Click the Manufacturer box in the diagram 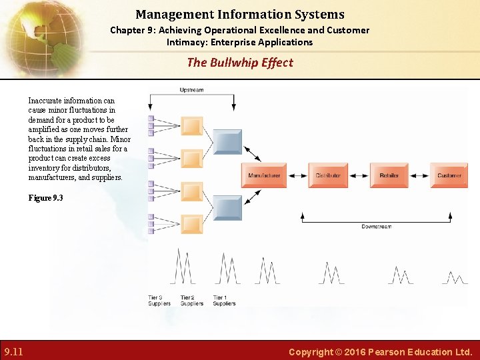coord(264,175)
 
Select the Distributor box coord(327,175)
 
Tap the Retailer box coord(389,175)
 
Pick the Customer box coord(449,175)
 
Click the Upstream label coord(191,90)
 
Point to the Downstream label coord(377,227)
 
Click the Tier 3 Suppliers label coord(159,300)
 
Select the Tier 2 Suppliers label coord(192,300)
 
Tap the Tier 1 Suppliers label coord(224,300)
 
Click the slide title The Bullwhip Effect coord(240,63)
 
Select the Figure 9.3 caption coord(45,198)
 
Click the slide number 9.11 coord(13,351)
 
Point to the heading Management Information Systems coord(240,14)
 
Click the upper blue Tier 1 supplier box coord(227,142)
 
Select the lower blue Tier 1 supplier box coord(227,209)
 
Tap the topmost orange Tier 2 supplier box coord(192,126)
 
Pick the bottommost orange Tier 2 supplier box coord(192,225)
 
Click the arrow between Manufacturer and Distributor coord(297,175)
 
